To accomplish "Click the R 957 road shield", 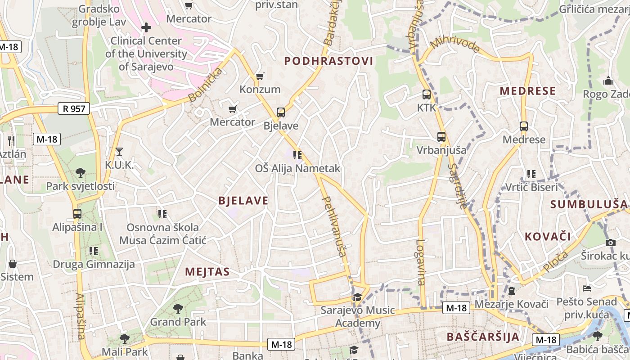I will [x=74, y=108].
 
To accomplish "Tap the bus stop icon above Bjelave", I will [x=281, y=112].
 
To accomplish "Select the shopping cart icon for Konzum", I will [x=260, y=76].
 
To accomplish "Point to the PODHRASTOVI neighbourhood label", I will [x=329, y=61].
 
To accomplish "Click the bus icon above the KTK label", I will [x=427, y=95].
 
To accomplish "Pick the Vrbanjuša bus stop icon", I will [x=441, y=137].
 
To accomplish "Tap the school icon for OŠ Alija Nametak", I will [x=297, y=155].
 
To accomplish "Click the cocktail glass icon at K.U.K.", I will [x=119, y=152].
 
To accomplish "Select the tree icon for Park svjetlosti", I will [x=81, y=172].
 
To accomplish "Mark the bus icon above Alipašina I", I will [x=77, y=214].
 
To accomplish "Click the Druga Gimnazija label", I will [x=94, y=264].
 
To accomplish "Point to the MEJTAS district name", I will [x=207, y=272].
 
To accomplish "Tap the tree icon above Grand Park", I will [x=178, y=309].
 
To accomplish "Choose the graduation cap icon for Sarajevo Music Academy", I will [x=357, y=297].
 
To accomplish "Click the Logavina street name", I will [x=420, y=262].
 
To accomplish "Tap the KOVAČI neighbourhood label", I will [x=548, y=236].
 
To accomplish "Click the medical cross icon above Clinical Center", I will [x=146, y=28].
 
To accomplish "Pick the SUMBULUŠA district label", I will [x=589, y=204].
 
